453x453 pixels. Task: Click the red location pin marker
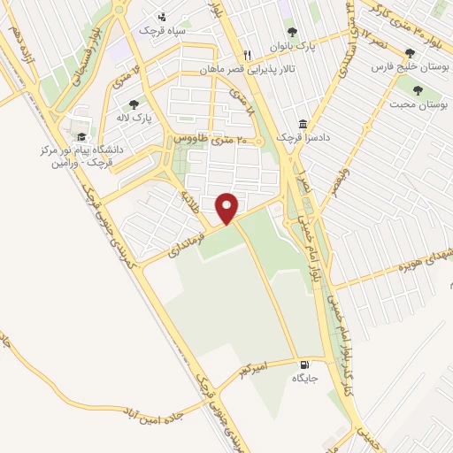click(x=227, y=207)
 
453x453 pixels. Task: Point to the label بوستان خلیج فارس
click(x=405, y=66)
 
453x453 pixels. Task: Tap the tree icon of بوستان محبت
click(x=418, y=89)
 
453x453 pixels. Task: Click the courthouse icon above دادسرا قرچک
click(x=303, y=125)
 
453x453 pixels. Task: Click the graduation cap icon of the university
click(x=81, y=136)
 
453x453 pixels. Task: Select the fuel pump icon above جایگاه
click(x=305, y=364)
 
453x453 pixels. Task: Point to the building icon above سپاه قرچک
click(x=162, y=16)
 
